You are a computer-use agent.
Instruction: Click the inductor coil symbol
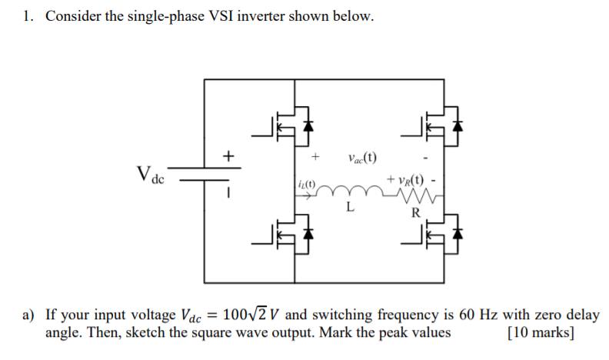coord(350,191)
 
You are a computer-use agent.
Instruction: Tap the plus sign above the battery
coord(228,157)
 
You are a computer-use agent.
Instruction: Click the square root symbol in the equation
coord(251,315)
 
